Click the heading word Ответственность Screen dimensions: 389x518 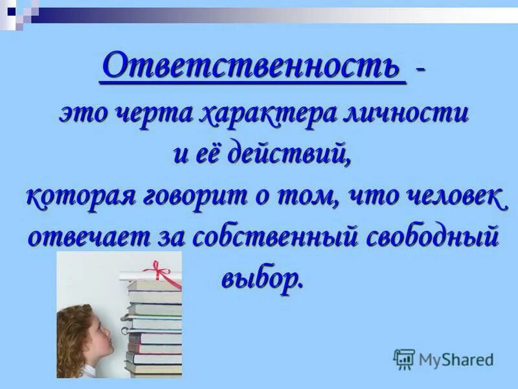pyautogui.click(x=253, y=65)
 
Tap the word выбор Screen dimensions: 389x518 pyautogui.click(x=262, y=277)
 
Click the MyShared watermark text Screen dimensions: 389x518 pyautogui.click(x=456, y=359)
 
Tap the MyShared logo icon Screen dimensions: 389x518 pyautogui.click(x=404, y=359)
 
